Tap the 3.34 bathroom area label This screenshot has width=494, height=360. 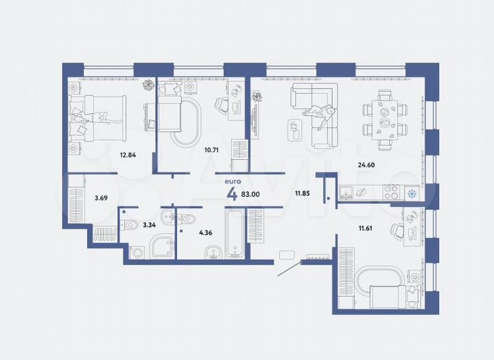click(150, 224)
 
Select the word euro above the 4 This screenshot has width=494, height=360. click(232, 181)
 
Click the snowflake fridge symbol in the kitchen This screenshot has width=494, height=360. click(412, 194)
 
